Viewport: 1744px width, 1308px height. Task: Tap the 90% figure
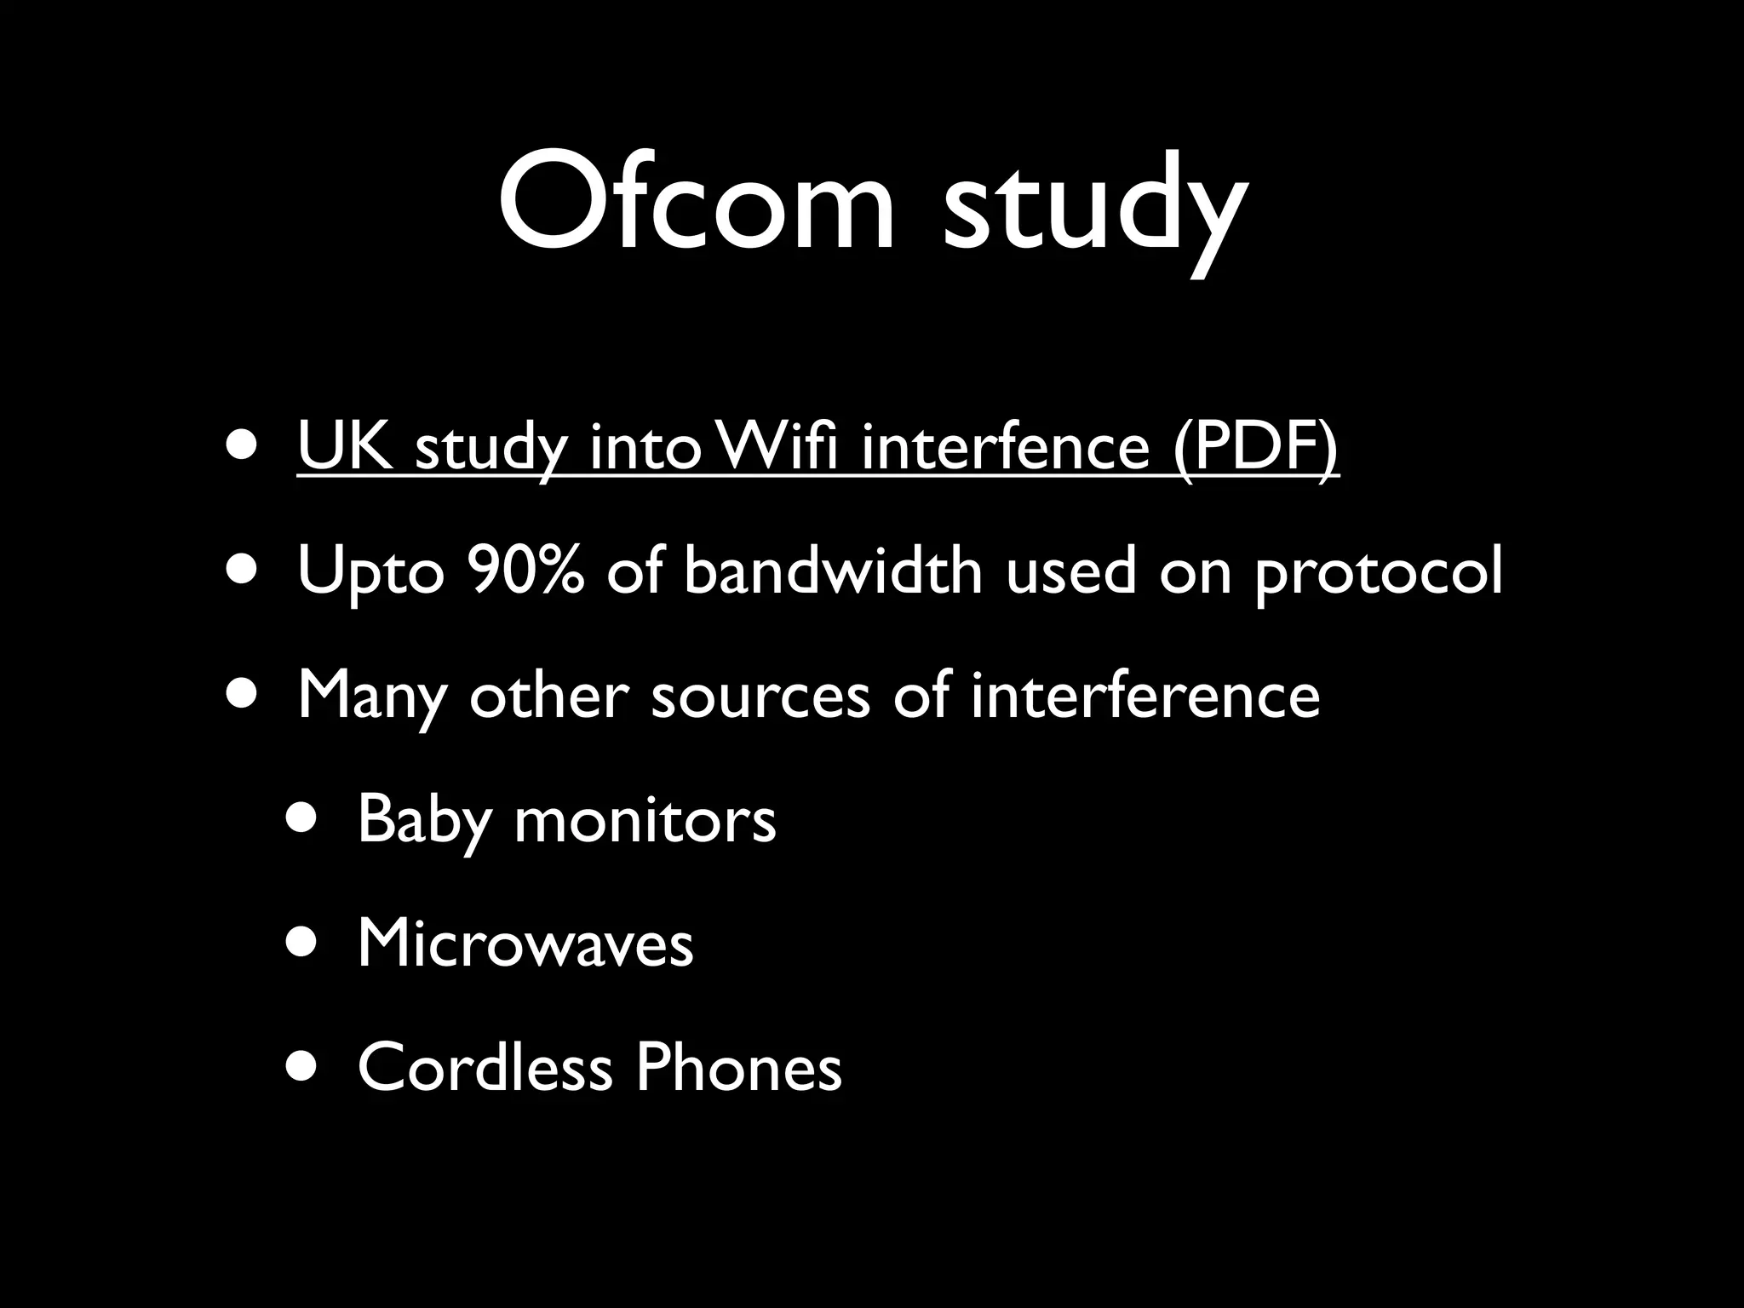point(525,571)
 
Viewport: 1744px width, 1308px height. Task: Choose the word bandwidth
point(833,571)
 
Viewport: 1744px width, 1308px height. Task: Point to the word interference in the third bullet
point(1144,695)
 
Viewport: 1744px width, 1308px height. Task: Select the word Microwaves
point(525,944)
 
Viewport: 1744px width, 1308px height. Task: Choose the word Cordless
point(485,1066)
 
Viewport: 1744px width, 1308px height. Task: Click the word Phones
point(738,1066)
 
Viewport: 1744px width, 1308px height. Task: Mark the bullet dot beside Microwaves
point(303,943)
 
